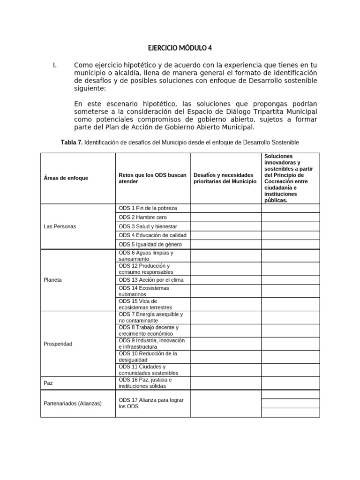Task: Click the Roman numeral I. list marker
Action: [55, 65]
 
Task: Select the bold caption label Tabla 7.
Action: [71, 142]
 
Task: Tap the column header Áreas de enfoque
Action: [66, 178]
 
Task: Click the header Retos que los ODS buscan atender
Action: [152, 178]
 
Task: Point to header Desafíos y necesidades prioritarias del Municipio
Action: [225, 178]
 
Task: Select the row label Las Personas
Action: [60, 226]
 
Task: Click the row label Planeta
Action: [52, 280]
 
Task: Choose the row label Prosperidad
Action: [58, 344]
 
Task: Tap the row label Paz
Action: [48, 383]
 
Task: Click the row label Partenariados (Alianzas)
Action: [72, 403]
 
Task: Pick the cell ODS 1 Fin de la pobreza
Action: [148, 208]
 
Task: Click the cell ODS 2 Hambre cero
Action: [142, 217]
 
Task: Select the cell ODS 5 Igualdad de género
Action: [150, 245]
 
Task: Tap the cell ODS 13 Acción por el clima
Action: [151, 280]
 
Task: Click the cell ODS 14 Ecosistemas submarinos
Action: [144, 291]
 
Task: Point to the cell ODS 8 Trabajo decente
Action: [149, 330]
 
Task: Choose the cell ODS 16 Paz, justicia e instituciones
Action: [145, 383]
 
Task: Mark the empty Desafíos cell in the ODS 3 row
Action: [225, 226]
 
